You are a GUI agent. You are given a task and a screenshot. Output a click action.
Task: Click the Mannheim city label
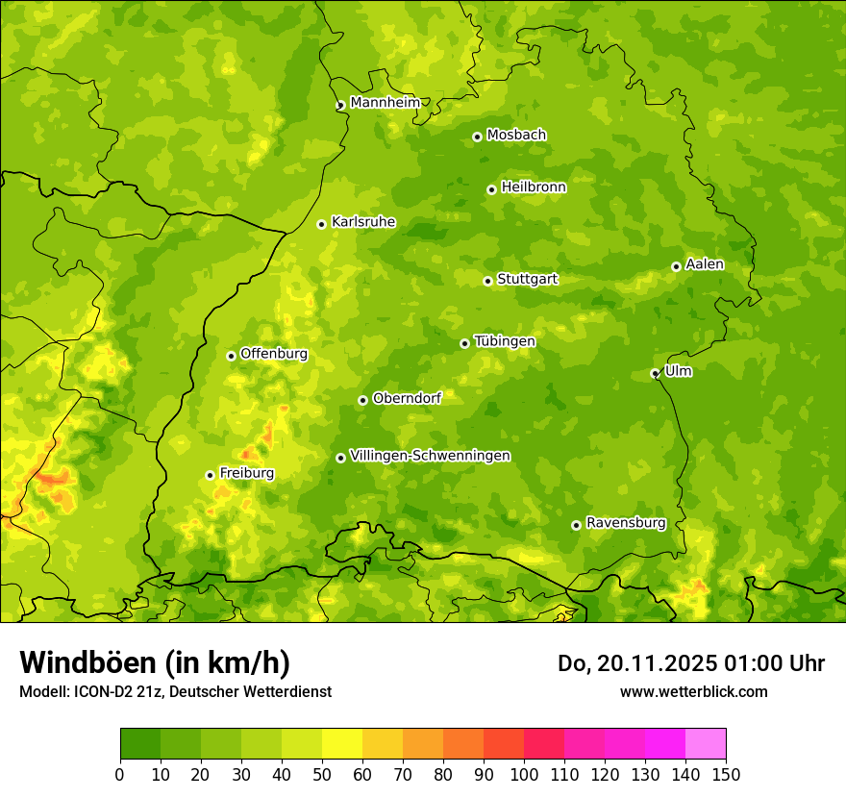[385, 103]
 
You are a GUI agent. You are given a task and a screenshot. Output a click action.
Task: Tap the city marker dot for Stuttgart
[487, 281]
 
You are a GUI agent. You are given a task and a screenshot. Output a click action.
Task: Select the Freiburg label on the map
[246, 473]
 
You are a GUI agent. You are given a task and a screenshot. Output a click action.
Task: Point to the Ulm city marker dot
[655, 373]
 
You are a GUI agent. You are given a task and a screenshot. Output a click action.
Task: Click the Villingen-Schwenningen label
[430, 456]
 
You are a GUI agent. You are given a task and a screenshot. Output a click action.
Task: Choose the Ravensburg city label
[625, 523]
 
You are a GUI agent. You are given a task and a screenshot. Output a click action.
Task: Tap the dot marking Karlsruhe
[321, 224]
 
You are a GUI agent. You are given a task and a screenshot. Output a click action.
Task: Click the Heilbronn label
[533, 187]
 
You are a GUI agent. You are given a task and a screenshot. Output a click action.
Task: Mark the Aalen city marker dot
[676, 266]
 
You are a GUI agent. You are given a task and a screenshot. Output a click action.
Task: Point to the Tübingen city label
[504, 341]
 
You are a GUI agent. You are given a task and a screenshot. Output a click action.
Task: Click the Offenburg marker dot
[231, 356]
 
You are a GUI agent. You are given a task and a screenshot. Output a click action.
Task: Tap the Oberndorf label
[407, 398]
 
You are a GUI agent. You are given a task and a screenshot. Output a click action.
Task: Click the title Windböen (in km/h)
[154, 662]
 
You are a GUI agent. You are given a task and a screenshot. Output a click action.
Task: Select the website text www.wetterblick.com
[693, 691]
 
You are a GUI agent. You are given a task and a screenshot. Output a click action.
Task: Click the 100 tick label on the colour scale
[524, 775]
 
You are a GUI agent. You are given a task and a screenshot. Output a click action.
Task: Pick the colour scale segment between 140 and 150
[706, 744]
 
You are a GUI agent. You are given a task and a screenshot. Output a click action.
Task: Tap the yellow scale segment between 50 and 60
[342, 744]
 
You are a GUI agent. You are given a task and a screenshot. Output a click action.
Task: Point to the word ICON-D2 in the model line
[102, 691]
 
